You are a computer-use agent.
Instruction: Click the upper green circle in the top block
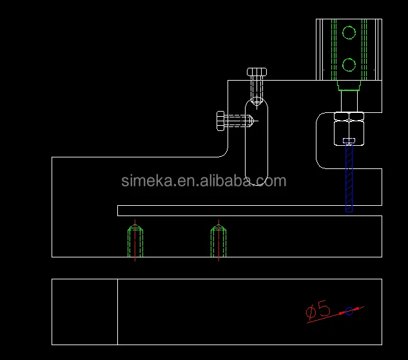[x=349, y=26]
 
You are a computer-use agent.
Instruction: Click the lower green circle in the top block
[x=349, y=59]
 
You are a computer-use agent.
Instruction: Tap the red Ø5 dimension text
[x=318, y=310]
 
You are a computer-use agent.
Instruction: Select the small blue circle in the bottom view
[x=349, y=307]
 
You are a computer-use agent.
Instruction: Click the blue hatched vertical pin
[x=349, y=177]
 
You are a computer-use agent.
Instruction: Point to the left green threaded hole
[x=135, y=241]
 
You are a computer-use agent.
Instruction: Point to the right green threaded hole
[x=219, y=241]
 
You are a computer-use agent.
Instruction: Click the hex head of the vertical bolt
[x=257, y=72]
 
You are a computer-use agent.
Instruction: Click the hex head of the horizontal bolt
[x=220, y=121]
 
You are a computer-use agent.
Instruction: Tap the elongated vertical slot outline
[x=246, y=142]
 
